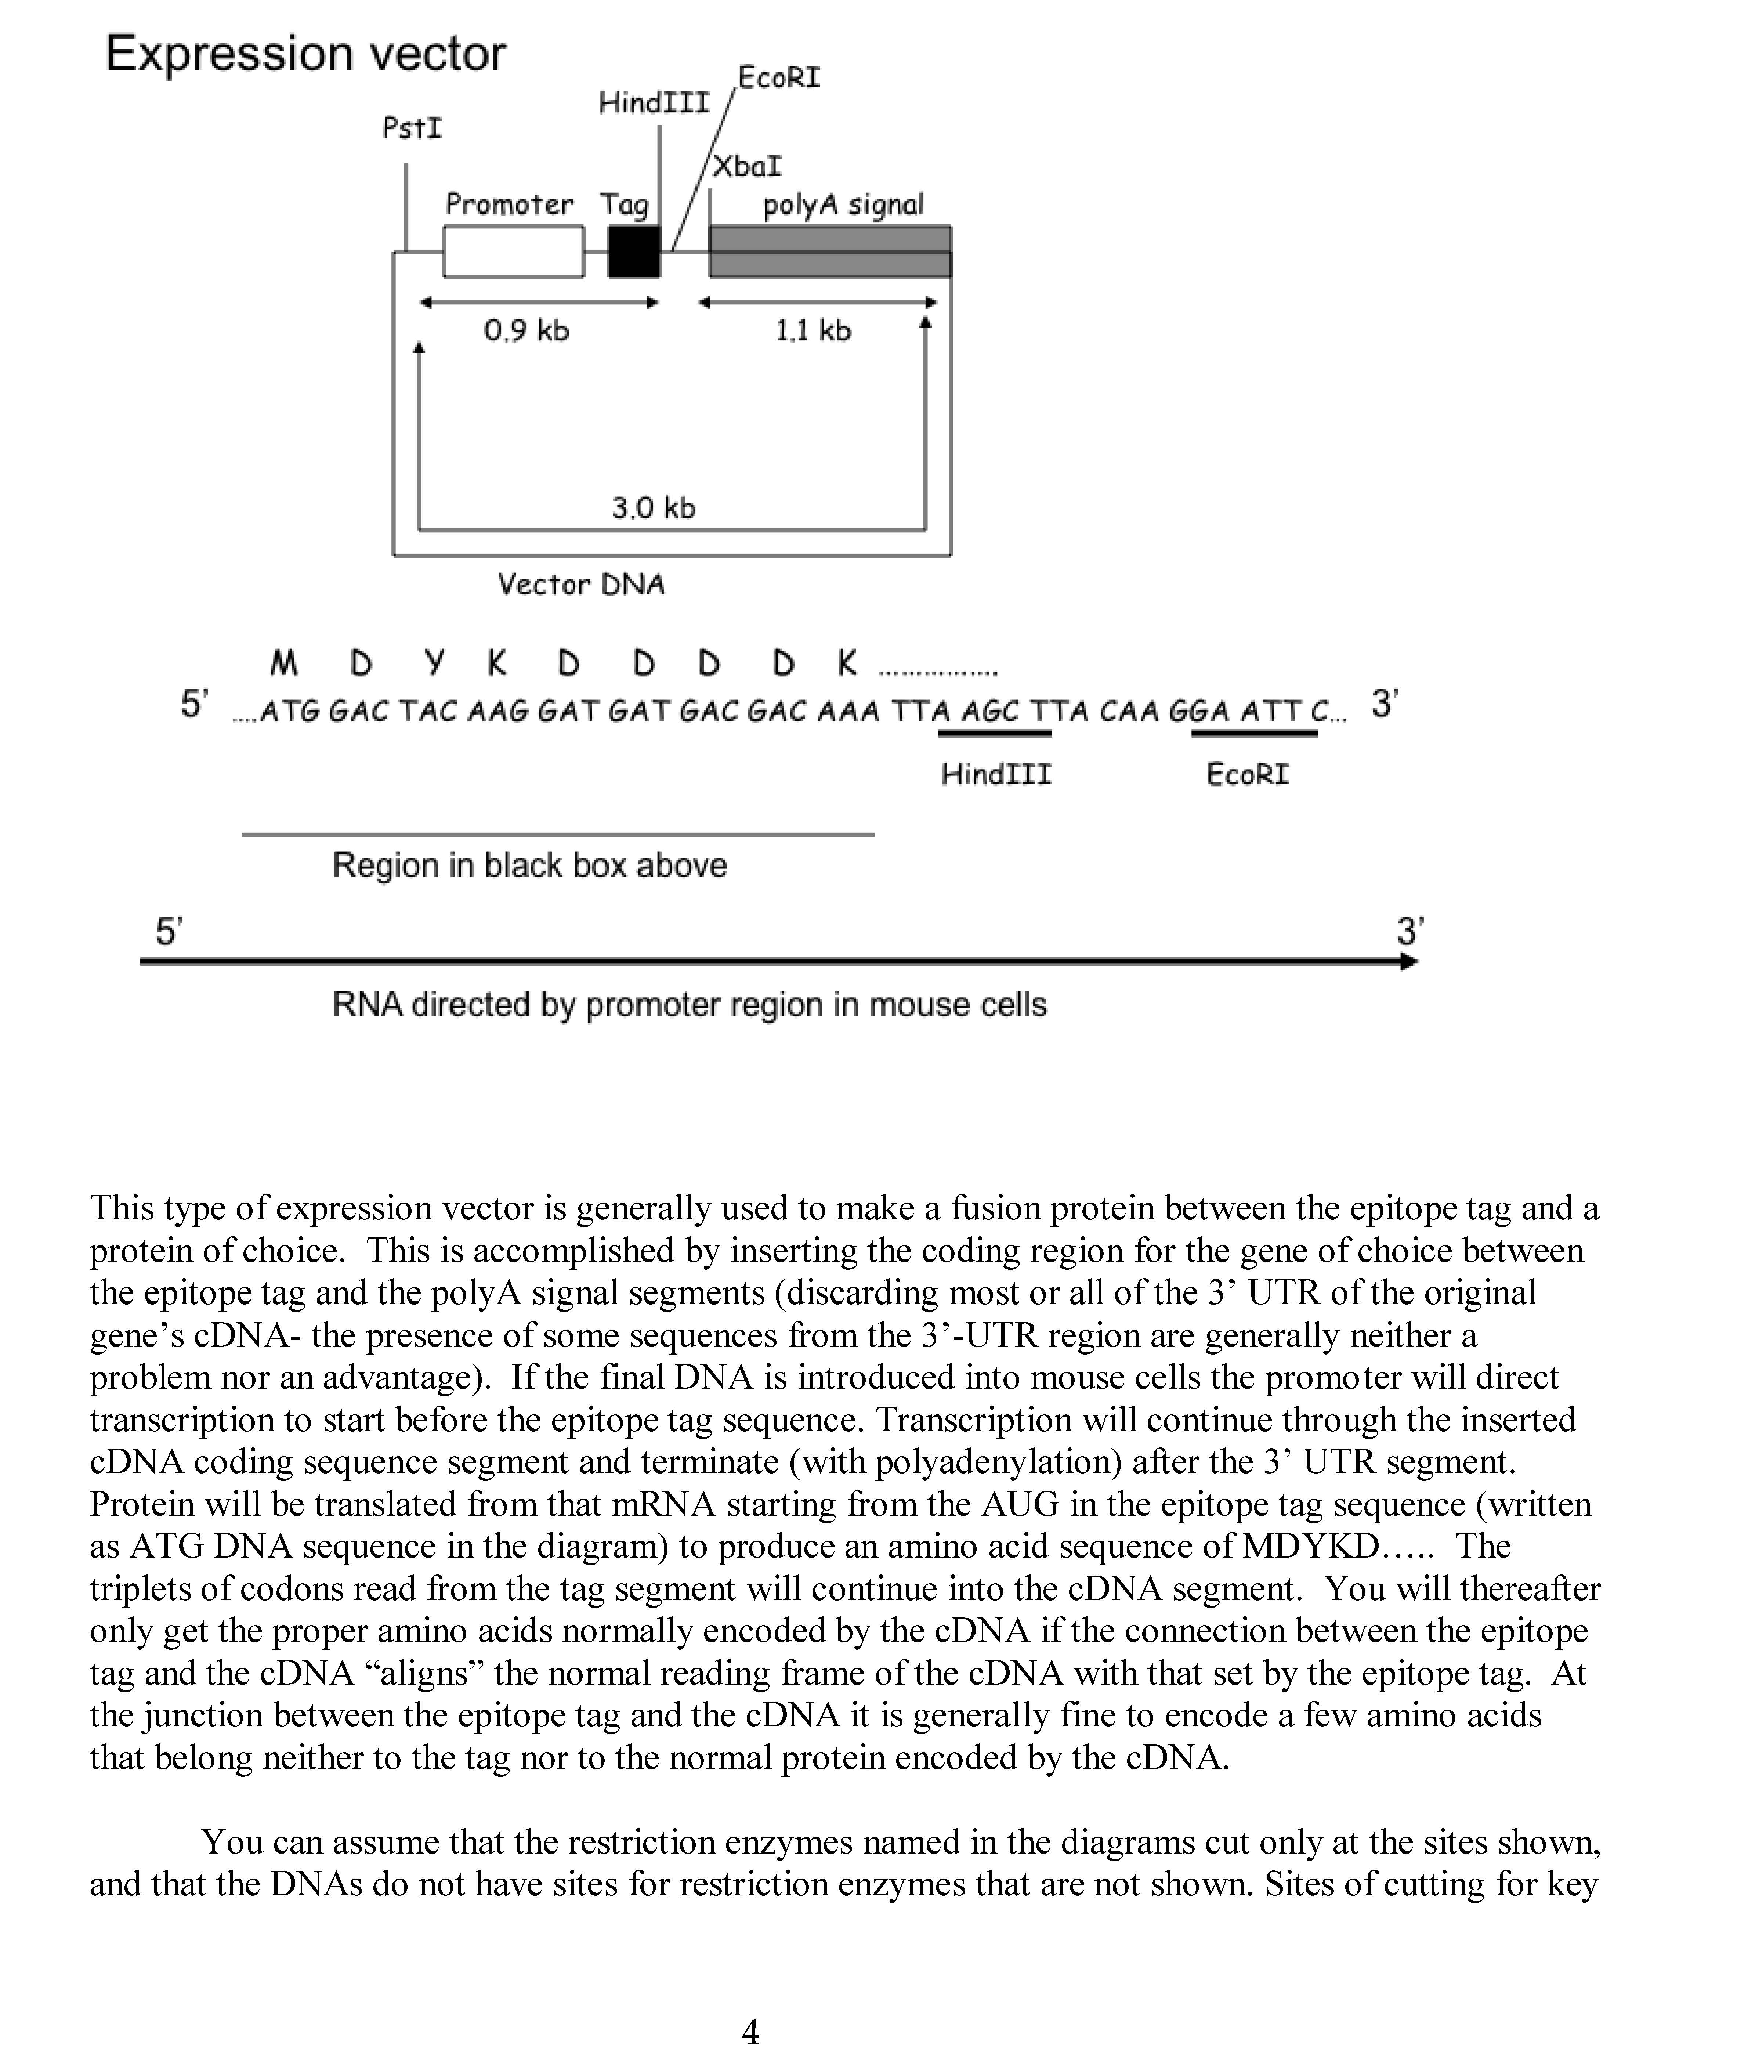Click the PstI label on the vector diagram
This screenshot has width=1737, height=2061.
[413, 128]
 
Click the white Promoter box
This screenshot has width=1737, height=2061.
[513, 252]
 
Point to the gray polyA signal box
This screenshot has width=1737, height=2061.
[830, 252]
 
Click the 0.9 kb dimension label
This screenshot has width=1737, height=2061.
[527, 331]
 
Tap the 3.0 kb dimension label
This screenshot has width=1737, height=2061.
[654, 508]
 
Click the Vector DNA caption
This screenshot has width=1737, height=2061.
[581, 585]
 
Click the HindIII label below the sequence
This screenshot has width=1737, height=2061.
[996, 775]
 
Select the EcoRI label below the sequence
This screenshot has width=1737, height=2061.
[1248, 775]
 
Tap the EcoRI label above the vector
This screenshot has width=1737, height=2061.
[779, 78]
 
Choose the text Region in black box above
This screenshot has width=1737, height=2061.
[530, 865]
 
